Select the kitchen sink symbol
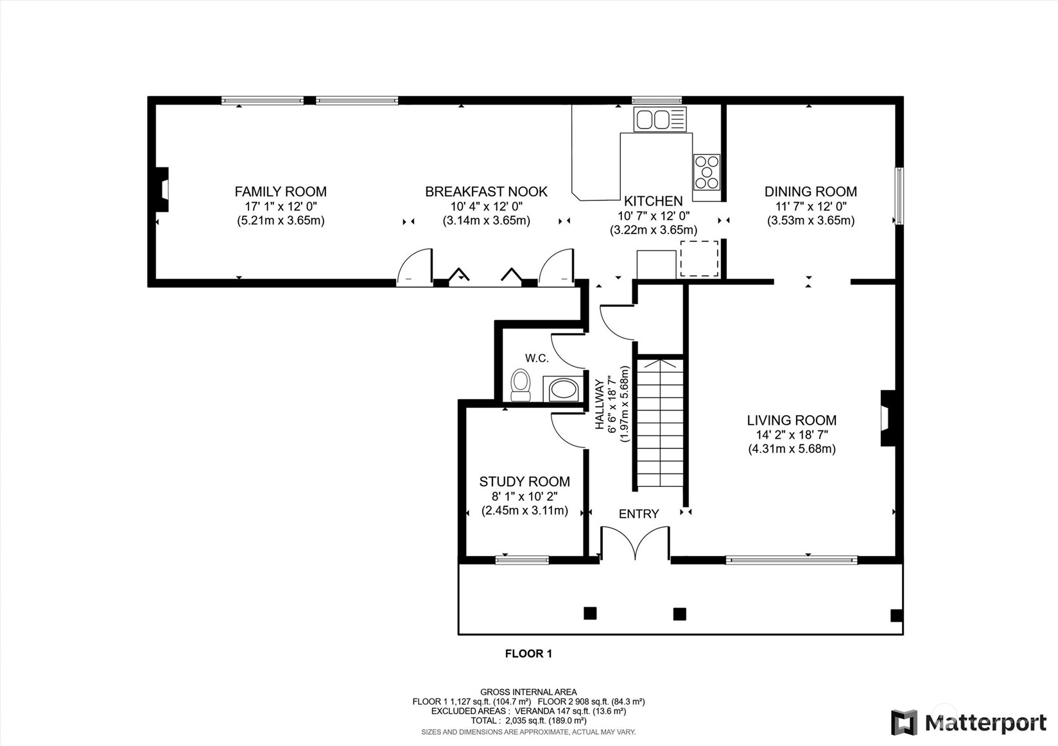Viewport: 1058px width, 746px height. pos(660,119)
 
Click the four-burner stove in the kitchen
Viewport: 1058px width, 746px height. pos(707,172)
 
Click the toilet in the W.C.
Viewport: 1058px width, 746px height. pos(521,385)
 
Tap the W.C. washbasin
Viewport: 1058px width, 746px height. pos(563,389)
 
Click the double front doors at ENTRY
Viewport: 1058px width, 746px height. pos(636,543)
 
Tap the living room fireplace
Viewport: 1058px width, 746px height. pos(887,418)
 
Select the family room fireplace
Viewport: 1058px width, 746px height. pos(162,190)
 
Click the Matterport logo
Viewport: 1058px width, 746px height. pos(969,722)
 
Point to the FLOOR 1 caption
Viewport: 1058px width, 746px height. pos(528,654)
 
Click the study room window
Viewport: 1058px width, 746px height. pos(522,560)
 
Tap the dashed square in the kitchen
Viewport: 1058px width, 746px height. pos(700,259)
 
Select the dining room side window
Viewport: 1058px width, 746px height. pos(899,196)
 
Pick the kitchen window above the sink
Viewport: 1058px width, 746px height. pos(657,100)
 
